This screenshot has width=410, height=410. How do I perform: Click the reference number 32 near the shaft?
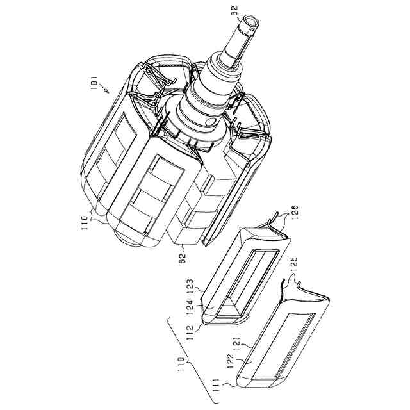[x=235, y=10]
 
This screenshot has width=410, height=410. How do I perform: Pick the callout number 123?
[x=191, y=284]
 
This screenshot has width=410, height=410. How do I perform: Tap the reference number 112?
[x=191, y=331]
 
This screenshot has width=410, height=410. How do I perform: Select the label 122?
[x=231, y=361]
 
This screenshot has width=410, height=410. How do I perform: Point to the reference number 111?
[x=224, y=383]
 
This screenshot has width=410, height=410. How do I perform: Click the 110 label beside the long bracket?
[x=188, y=364]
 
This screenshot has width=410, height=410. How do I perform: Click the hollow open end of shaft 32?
[x=250, y=21]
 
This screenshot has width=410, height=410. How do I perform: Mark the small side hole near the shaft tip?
[x=252, y=30]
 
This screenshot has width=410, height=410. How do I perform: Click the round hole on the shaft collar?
[x=211, y=121]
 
